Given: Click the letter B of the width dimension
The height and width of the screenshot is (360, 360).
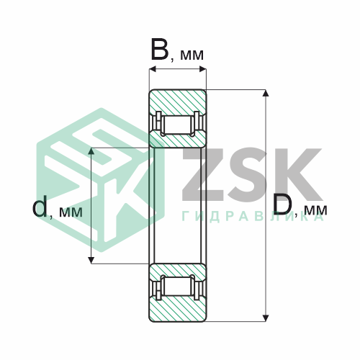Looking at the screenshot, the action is (x=160, y=50).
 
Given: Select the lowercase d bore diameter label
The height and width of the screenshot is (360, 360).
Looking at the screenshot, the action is (x=40, y=206).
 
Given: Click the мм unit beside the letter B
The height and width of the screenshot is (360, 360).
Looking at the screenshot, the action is (x=192, y=55).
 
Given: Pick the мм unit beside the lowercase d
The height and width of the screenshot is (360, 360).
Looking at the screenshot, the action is (x=71, y=212).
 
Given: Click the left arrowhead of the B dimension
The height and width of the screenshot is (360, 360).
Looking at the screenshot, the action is (x=153, y=69).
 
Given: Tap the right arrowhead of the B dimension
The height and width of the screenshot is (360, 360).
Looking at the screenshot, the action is (x=203, y=69).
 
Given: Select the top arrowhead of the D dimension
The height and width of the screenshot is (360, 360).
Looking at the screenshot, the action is (x=266, y=93).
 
